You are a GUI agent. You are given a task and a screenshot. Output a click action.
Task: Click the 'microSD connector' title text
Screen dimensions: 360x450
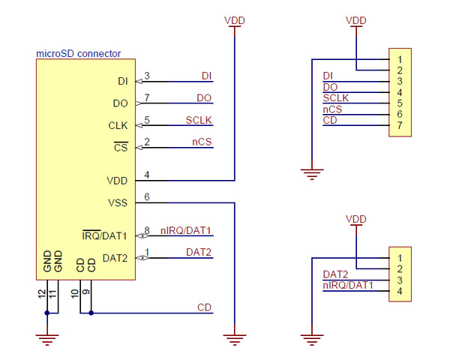tap(79, 54)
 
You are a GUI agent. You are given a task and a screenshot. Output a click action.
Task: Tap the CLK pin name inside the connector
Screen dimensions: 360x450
tap(118, 125)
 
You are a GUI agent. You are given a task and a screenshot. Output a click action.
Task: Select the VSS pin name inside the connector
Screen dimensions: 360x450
tap(118, 202)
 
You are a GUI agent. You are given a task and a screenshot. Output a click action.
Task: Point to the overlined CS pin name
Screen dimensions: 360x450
tap(121, 148)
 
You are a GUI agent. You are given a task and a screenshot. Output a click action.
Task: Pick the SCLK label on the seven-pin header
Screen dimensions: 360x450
tap(335, 98)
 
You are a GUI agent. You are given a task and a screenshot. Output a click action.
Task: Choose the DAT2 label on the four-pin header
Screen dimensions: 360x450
tap(335, 274)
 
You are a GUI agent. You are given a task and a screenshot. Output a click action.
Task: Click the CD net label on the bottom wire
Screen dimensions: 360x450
tap(204, 307)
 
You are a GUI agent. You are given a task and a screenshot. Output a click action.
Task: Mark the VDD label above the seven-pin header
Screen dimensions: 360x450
tap(356, 20)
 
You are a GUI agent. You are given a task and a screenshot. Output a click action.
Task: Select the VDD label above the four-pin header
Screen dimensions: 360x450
tap(356, 218)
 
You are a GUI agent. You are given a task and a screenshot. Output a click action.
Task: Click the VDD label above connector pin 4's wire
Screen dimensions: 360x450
tap(235, 20)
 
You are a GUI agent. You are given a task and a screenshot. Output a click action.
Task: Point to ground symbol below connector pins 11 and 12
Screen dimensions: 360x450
tap(47, 339)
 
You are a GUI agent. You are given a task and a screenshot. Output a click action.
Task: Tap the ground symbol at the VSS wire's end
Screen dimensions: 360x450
tap(235, 339)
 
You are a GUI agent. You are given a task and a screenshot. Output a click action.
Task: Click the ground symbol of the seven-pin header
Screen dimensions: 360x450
tap(310, 174)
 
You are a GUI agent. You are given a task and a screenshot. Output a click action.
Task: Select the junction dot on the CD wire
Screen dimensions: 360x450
tap(91, 313)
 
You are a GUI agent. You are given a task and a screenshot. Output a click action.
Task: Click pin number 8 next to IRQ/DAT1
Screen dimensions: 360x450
tap(147, 230)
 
